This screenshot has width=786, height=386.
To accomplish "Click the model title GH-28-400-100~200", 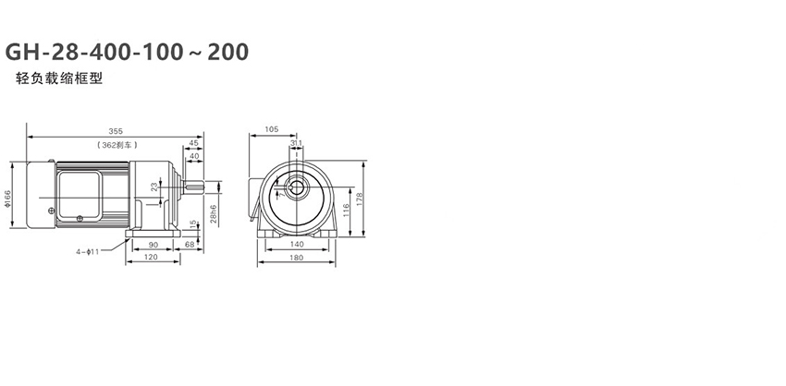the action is click(127, 52).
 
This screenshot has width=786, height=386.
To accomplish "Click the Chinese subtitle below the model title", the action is click(59, 78).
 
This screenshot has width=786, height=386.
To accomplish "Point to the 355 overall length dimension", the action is click(116, 131).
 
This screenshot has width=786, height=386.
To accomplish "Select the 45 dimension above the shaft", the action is click(193, 143).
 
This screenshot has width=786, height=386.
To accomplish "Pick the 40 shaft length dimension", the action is click(194, 156).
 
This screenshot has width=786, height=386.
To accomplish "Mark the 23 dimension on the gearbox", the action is click(154, 187).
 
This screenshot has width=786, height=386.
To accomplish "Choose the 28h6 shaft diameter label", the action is click(214, 213).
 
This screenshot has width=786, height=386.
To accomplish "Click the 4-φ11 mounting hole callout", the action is click(88, 252).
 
